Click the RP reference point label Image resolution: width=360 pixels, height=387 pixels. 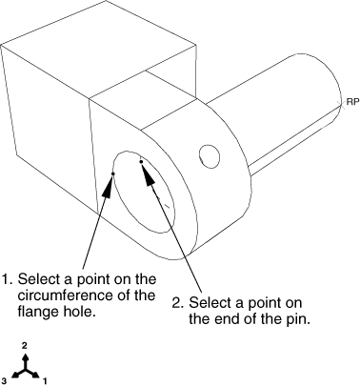(352, 102)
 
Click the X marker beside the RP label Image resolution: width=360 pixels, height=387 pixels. (342, 103)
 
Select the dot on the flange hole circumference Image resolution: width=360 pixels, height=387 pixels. (112, 173)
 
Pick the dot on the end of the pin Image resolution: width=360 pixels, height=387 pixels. (141, 162)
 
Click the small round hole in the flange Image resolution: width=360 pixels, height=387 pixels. (210, 156)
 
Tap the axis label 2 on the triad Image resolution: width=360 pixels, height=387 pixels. (25, 345)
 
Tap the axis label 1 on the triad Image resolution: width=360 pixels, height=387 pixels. (45, 380)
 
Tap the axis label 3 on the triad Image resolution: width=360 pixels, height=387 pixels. (4, 380)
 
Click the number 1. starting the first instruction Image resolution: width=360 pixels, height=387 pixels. (8, 279)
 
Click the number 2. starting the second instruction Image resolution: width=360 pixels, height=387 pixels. (178, 302)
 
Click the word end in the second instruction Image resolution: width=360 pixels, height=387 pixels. (228, 319)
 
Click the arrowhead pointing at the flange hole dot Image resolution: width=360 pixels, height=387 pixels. (109, 188)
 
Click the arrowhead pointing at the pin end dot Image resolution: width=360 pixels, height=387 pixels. (149, 175)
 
